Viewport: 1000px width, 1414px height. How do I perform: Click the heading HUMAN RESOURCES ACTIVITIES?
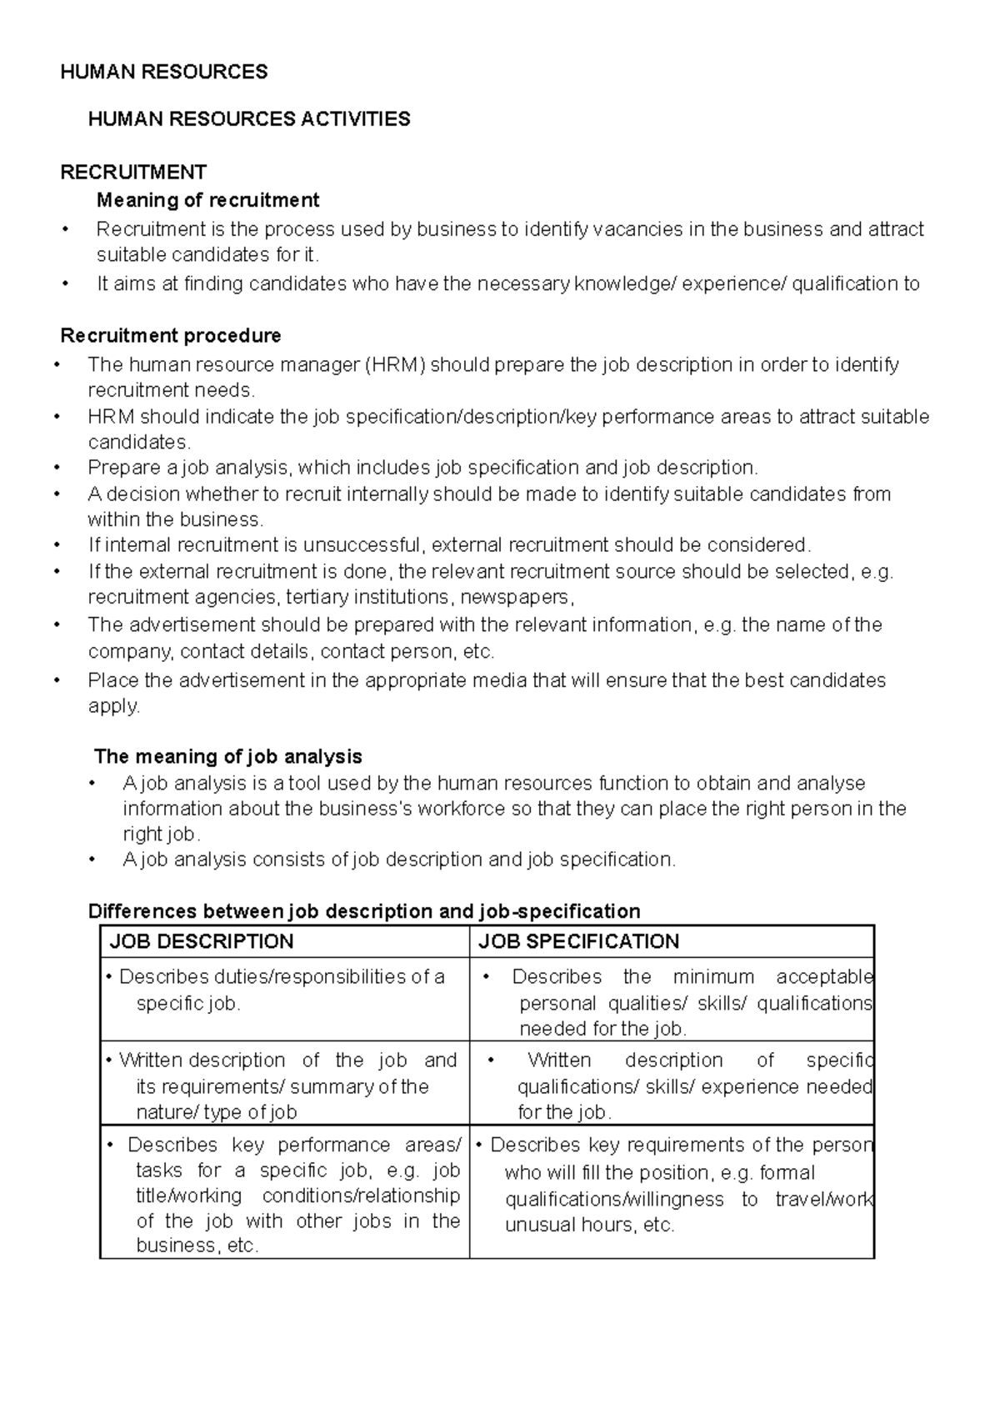click(x=249, y=119)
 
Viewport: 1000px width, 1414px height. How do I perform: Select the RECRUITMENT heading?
click(x=133, y=173)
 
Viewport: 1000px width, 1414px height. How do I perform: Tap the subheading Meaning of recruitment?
click(x=207, y=200)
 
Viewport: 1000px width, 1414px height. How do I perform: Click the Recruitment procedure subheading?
click(x=171, y=336)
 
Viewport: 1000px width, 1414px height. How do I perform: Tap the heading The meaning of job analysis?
click(x=228, y=757)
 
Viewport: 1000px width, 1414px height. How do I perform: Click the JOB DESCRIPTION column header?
click(x=202, y=942)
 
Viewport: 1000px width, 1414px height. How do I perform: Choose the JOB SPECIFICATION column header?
click(x=579, y=942)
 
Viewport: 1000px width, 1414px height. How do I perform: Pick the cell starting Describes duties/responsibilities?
click(x=283, y=990)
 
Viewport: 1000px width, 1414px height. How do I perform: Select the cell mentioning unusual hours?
click(x=672, y=1185)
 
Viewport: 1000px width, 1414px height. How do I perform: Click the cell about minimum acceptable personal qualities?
click(x=672, y=1002)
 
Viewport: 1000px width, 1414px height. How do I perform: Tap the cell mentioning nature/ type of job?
click(x=283, y=1086)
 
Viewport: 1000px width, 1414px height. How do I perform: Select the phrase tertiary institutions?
click(x=367, y=598)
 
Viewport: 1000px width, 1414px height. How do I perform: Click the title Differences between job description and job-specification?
click(x=364, y=911)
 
